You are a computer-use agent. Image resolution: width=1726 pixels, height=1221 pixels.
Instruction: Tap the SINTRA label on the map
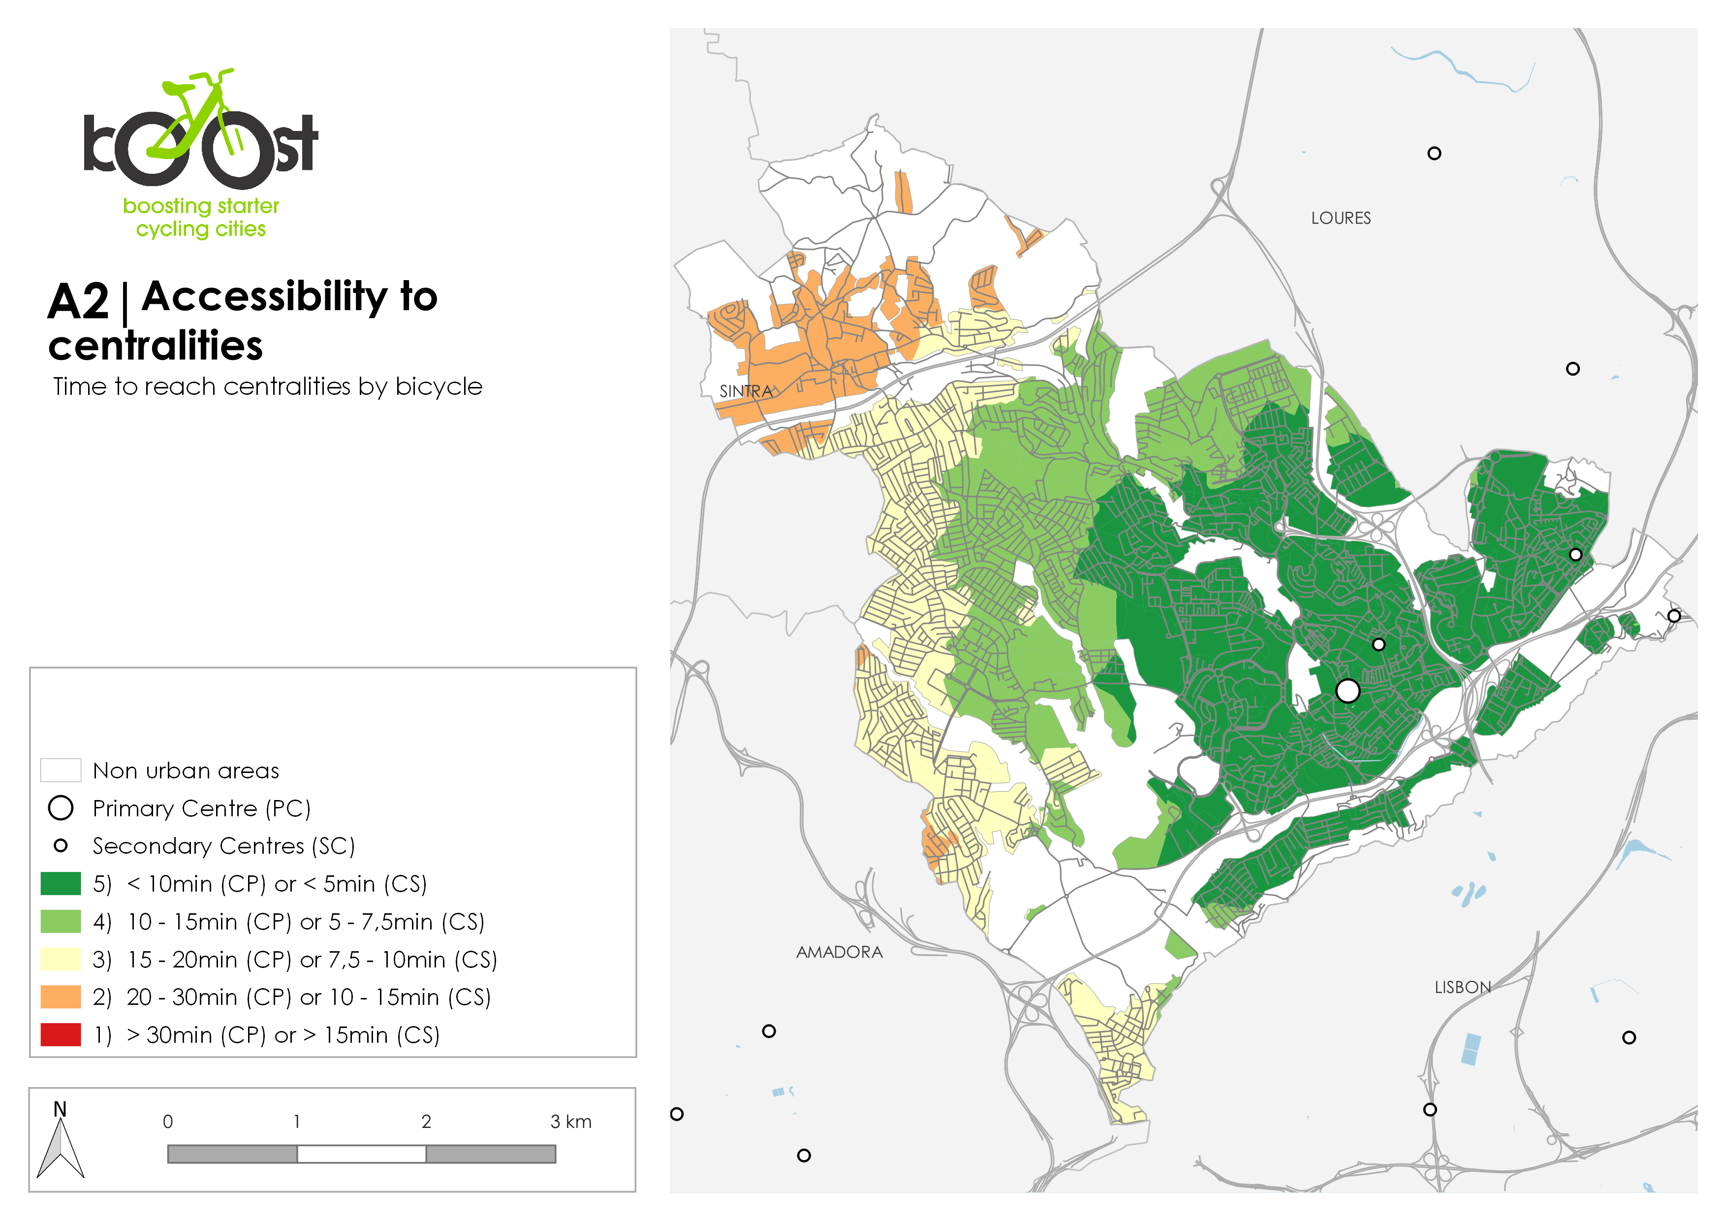[x=746, y=391]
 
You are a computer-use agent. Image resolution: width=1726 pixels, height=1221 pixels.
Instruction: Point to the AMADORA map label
[x=839, y=952]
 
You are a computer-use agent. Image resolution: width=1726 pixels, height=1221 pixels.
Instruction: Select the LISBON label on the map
[x=1462, y=987]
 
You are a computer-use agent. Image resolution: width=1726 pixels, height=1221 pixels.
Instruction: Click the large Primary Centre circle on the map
[x=1347, y=690]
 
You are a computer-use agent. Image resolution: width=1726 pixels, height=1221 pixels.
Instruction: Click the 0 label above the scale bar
[x=168, y=1122]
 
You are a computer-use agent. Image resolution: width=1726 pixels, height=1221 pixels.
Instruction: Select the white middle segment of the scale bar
[x=362, y=1154]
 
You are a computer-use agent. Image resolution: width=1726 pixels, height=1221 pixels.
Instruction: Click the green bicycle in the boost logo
[x=200, y=113]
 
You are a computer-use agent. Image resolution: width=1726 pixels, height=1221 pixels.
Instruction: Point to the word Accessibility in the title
[x=289, y=296]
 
